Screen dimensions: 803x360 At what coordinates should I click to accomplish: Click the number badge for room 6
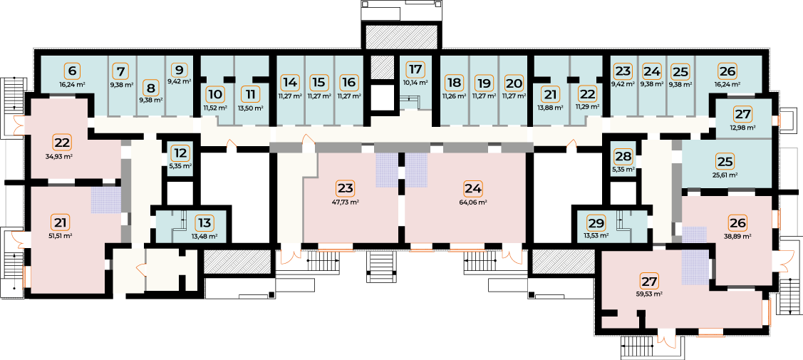coord(72,70)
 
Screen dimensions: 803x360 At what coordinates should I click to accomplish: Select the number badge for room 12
coord(180,153)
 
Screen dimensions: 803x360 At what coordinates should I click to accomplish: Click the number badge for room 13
coord(204,222)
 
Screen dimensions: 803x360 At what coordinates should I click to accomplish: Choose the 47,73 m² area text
coord(346,202)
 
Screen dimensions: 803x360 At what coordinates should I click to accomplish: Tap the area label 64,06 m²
coord(473,202)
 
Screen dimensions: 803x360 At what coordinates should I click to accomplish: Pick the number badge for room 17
coord(416,69)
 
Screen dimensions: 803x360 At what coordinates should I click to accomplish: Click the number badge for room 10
coord(216,95)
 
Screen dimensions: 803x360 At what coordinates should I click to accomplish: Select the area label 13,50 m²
coord(250,108)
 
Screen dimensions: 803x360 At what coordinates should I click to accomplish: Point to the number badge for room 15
coord(318,82)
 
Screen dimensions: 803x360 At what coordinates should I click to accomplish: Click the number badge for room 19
coord(483,82)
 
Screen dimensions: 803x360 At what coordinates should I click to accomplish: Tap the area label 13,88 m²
coord(551,108)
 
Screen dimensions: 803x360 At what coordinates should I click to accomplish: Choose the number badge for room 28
coord(623,155)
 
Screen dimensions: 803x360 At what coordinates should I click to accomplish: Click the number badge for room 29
coord(596,222)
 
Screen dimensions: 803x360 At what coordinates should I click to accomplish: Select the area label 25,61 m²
coord(725,175)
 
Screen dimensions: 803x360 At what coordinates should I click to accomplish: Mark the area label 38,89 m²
coord(738,237)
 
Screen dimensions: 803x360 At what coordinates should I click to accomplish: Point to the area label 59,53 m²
coord(649,294)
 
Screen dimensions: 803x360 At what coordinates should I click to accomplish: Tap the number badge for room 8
coord(150,87)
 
